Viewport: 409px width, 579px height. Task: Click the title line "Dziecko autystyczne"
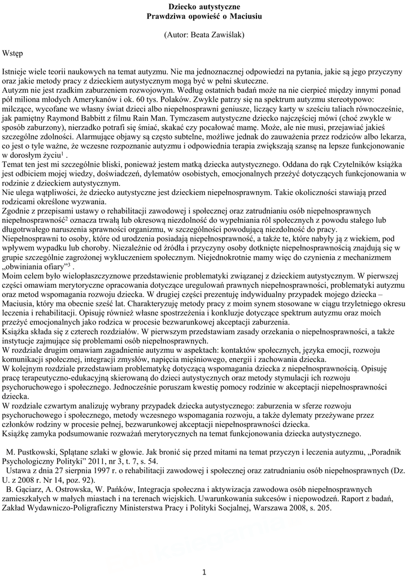(x=204, y=7)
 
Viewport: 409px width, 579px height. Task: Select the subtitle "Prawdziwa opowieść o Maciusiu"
(x=204, y=16)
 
